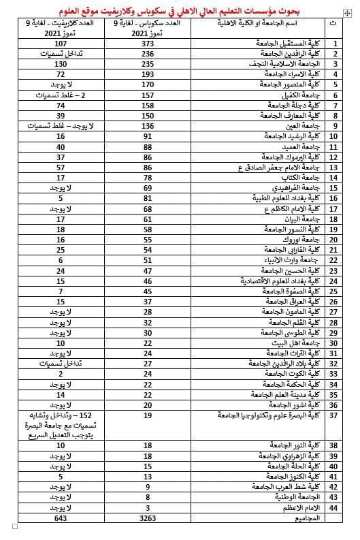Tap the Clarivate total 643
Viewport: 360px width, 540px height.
[x=61, y=518]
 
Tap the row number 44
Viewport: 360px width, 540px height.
[x=333, y=507]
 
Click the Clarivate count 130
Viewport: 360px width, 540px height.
[x=61, y=63]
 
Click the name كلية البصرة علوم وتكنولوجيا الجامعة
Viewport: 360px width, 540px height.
[x=268, y=414]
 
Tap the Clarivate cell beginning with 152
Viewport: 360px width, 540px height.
[x=61, y=424]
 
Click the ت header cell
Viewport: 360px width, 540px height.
[x=333, y=28]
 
